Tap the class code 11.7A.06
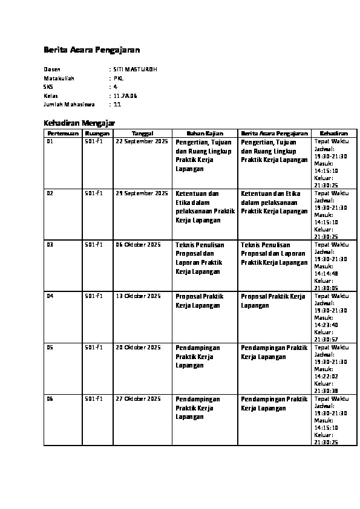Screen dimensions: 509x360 [x=125, y=96]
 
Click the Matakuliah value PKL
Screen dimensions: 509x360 [x=119, y=78]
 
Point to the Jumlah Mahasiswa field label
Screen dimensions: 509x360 [x=65, y=104]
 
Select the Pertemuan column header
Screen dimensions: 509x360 [x=63, y=133]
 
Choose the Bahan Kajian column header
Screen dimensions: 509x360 [x=205, y=133]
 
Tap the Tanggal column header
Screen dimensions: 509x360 [x=142, y=133]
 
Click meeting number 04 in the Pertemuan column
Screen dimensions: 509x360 [x=50, y=296]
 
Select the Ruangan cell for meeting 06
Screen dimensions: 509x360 [x=94, y=399]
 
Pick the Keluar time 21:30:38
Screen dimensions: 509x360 [x=326, y=391]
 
